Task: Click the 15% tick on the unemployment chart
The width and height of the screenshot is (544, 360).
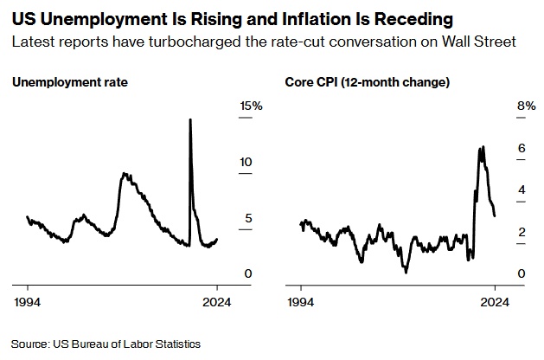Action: pyautogui.click(x=251, y=106)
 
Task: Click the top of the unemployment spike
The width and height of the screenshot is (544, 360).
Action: pyautogui.click(x=190, y=119)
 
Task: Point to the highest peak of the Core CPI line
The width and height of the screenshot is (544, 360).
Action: pyautogui.click(x=481, y=147)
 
